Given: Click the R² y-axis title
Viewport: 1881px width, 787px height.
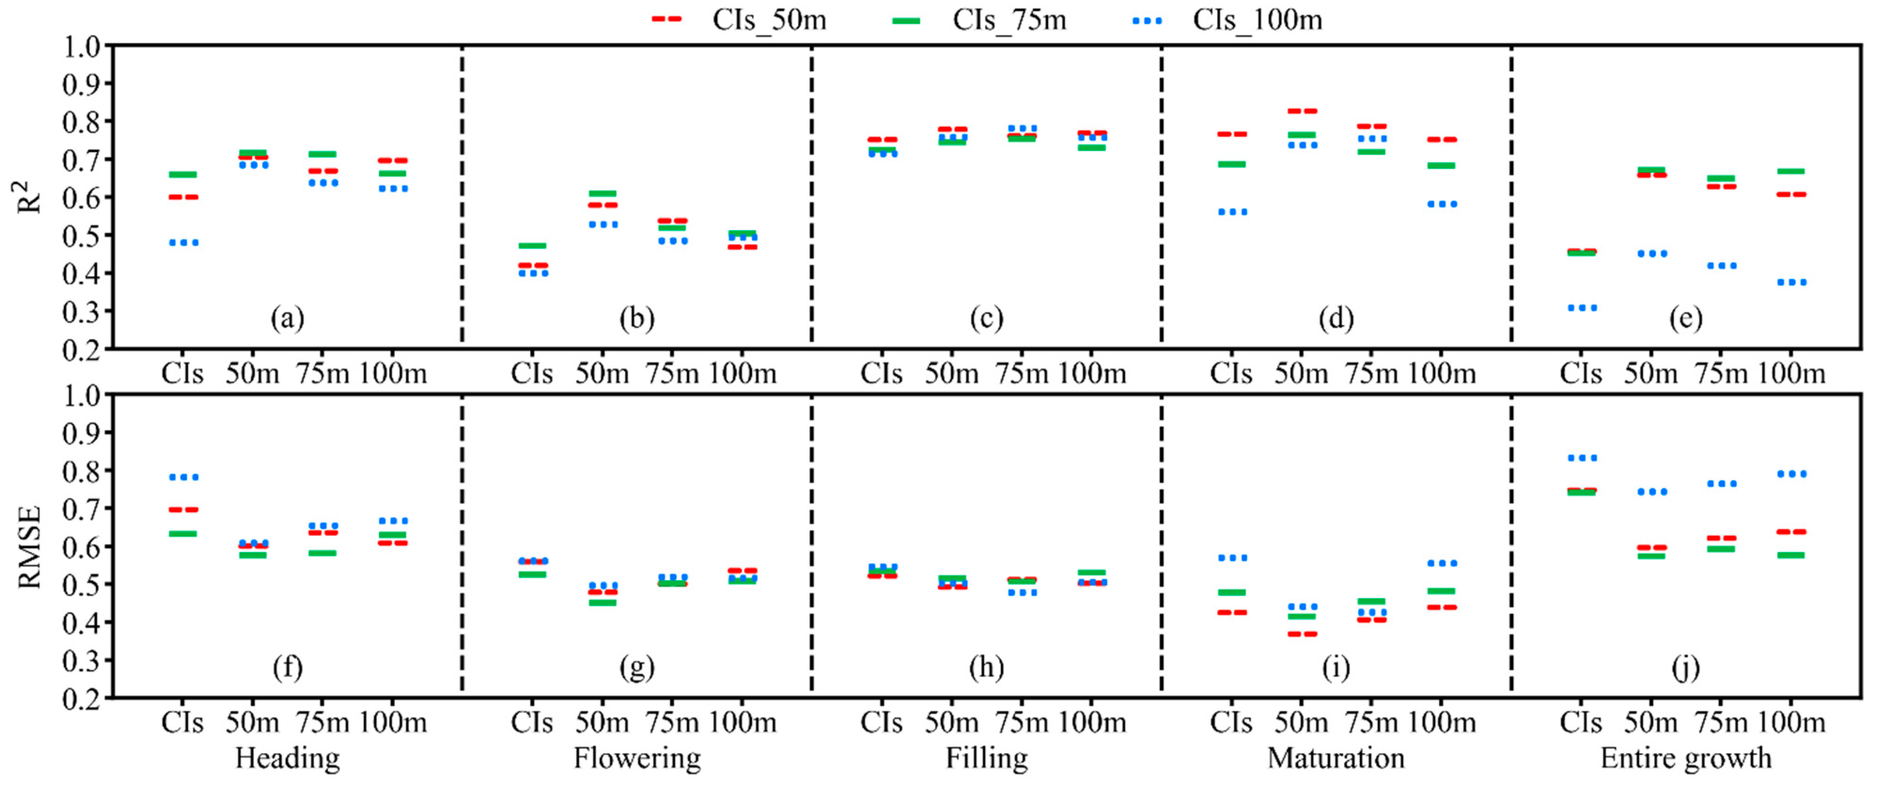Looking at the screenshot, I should [x=29, y=197].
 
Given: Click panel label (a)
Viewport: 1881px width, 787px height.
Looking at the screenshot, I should [x=287, y=318].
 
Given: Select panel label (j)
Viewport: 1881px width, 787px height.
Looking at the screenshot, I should [x=1686, y=667].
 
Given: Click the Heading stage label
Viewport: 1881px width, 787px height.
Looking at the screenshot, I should [x=287, y=758].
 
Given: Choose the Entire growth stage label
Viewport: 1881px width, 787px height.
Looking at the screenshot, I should [x=1686, y=758].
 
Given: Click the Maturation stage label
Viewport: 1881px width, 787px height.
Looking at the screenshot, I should [x=1335, y=758].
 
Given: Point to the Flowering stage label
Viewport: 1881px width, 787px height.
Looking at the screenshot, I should [x=637, y=758].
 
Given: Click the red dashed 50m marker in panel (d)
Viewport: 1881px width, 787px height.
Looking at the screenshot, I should [x=1302, y=111].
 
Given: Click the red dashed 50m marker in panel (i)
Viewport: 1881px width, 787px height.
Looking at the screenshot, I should [x=1302, y=634].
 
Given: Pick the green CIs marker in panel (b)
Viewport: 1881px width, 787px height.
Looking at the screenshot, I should [x=532, y=246].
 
